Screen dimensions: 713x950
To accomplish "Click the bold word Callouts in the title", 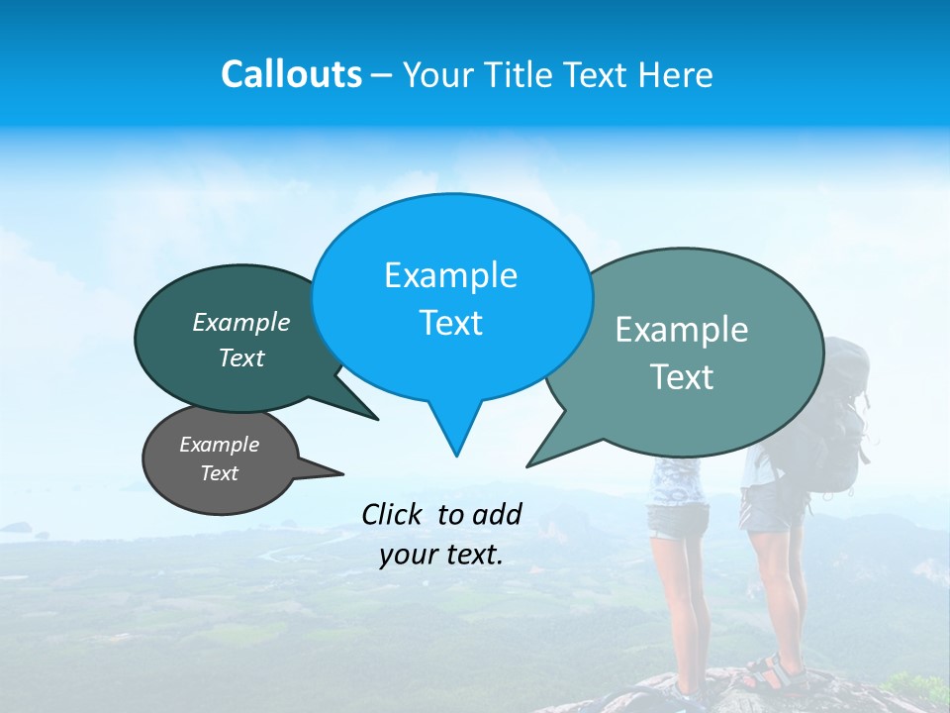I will coord(292,74).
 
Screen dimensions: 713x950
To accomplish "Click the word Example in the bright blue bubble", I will coord(450,275).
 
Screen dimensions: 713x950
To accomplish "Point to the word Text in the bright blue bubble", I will coord(450,323).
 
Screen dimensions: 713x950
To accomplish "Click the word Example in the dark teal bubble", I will coord(241,322).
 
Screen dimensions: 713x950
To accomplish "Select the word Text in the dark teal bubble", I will coord(241,357).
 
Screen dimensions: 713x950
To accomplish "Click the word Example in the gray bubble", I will coord(220,445).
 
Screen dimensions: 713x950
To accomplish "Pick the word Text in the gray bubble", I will coord(220,473).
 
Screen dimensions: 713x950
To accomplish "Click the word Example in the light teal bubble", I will coord(682,330).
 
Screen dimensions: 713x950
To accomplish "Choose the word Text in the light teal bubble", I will coord(682,377).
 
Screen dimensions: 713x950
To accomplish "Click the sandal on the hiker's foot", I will coord(767,673).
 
